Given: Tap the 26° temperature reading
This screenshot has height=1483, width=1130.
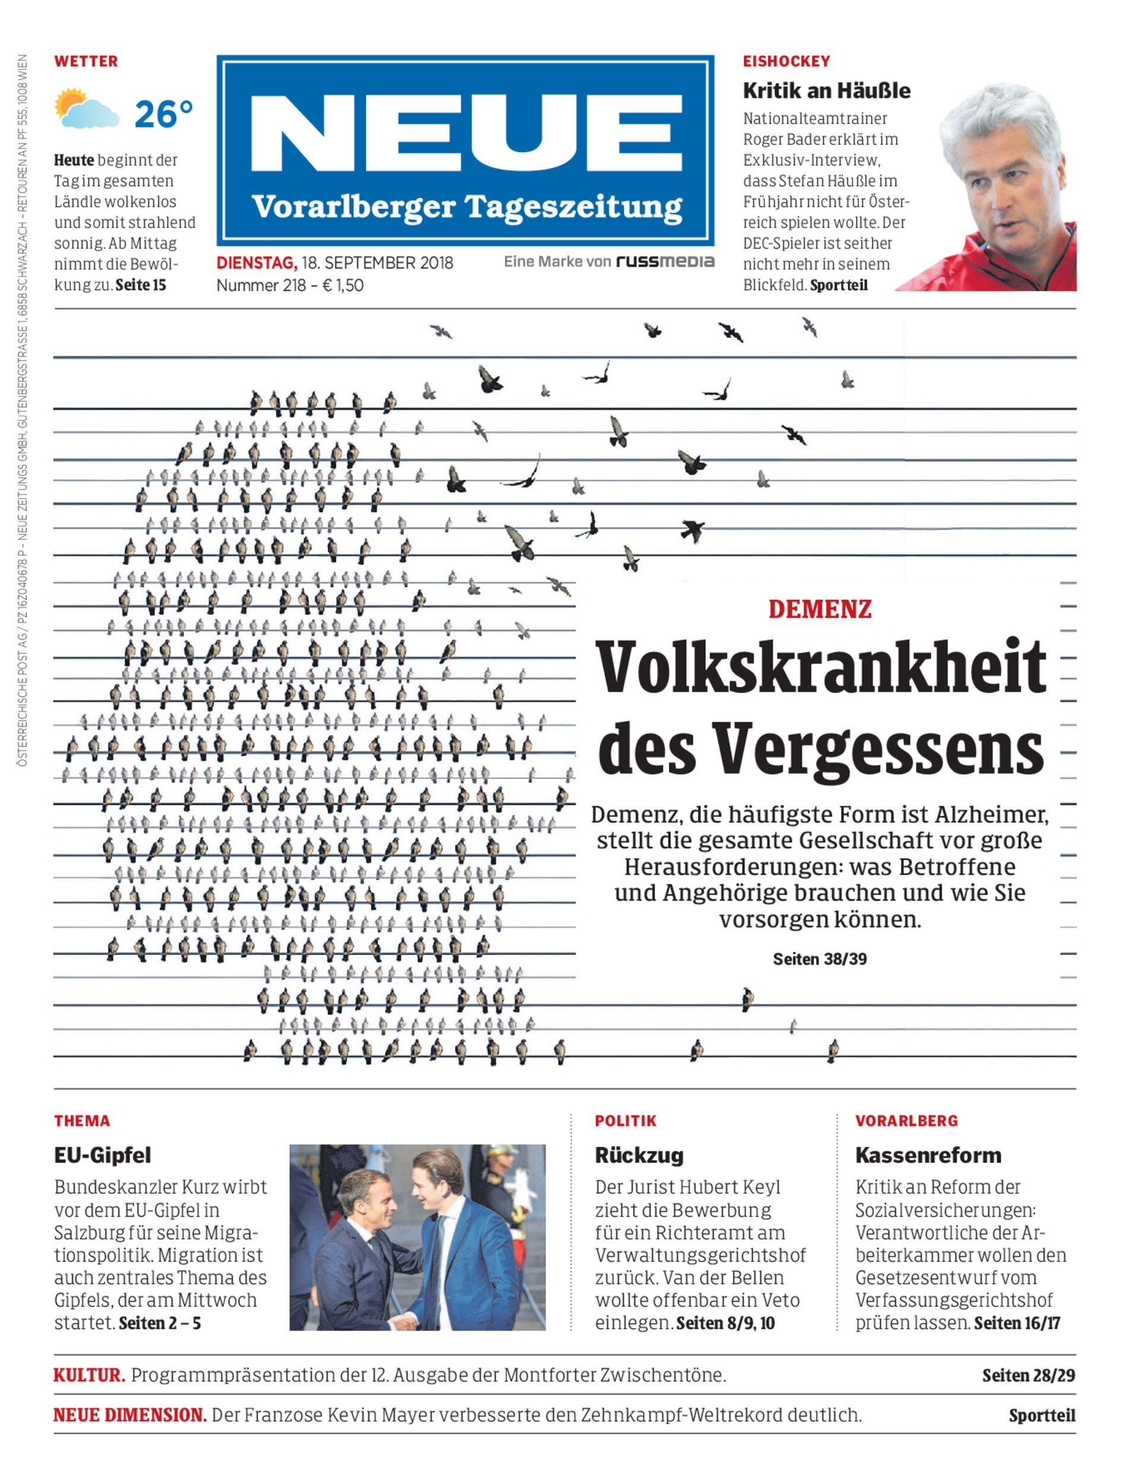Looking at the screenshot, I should point(163,114).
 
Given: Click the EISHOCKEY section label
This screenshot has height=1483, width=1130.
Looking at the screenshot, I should point(786,61).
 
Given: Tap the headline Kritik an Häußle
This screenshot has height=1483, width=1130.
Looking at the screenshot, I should point(826,91).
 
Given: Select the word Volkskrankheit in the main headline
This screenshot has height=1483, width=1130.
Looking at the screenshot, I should point(821,667).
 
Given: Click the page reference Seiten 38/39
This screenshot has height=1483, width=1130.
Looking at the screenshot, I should point(819,959).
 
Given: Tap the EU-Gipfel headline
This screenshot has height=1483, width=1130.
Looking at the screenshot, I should point(102,1155).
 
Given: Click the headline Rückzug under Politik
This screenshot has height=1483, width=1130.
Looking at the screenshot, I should point(639,1155).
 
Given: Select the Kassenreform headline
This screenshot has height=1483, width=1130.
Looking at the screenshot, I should point(928,1155).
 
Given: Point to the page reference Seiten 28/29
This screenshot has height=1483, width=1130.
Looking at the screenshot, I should point(1028,1376).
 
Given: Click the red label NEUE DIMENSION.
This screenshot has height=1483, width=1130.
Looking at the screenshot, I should point(129,1415).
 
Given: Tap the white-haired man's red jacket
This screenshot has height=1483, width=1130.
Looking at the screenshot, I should point(962,266).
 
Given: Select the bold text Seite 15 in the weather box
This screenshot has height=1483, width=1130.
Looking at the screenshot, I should point(140,285).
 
